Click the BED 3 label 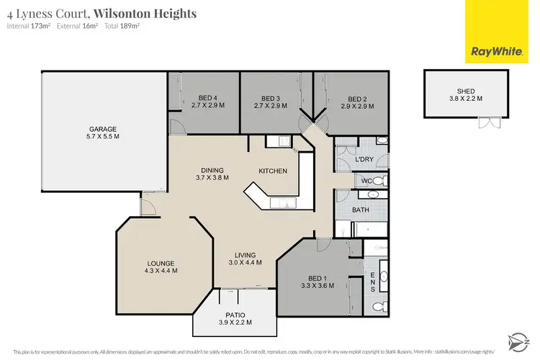270,99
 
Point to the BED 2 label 357,99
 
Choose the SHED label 465,91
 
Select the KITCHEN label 273,171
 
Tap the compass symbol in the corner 519,338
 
